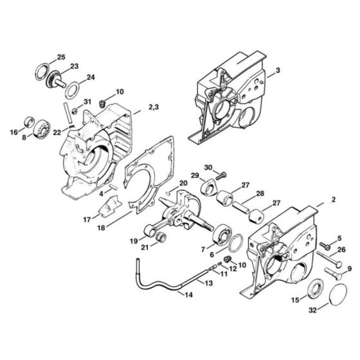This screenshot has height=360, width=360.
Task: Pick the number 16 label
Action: tap(13, 133)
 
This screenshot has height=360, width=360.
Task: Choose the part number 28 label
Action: tap(260, 194)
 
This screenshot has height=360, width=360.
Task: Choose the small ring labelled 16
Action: tap(28, 122)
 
